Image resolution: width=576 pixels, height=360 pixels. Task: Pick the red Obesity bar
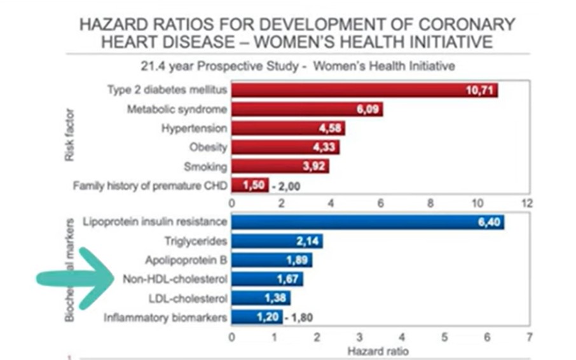click(x=285, y=148)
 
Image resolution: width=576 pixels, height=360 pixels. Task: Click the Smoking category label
click(x=205, y=167)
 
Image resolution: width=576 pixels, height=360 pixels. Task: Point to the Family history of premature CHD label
click(x=149, y=186)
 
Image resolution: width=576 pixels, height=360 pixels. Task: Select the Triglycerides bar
click(x=277, y=241)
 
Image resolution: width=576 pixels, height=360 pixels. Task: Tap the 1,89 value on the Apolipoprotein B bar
click(x=296, y=260)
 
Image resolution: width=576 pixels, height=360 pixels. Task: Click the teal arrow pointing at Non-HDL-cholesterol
click(x=73, y=279)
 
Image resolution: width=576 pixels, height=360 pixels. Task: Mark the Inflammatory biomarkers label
click(x=165, y=317)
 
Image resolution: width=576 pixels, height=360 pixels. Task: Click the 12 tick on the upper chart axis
click(x=526, y=204)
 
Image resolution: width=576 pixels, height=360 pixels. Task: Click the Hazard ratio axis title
click(x=380, y=350)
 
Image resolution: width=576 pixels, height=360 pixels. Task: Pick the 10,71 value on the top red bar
click(x=479, y=90)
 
